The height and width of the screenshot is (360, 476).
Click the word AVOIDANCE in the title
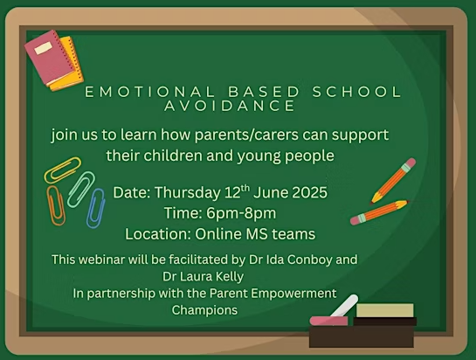tap(230, 106)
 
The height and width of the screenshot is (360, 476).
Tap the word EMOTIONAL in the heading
tap(149, 92)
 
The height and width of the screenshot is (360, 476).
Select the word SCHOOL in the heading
tap(357, 92)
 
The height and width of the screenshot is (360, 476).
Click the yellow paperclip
tap(63, 170)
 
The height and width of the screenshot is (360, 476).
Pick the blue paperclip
tap(96, 208)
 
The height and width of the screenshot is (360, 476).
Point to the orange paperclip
tap(56, 205)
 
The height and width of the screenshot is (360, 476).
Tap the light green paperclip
tap(81, 190)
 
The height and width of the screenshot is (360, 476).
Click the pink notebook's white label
tap(43, 49)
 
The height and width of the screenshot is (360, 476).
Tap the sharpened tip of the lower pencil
tap(407, 201)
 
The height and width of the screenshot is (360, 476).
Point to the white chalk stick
tap(345, 305)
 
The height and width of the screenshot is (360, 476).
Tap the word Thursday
tap(188, 193)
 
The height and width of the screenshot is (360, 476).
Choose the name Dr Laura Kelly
tap(204, 277)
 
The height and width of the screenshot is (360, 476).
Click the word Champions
tap(204, 310)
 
